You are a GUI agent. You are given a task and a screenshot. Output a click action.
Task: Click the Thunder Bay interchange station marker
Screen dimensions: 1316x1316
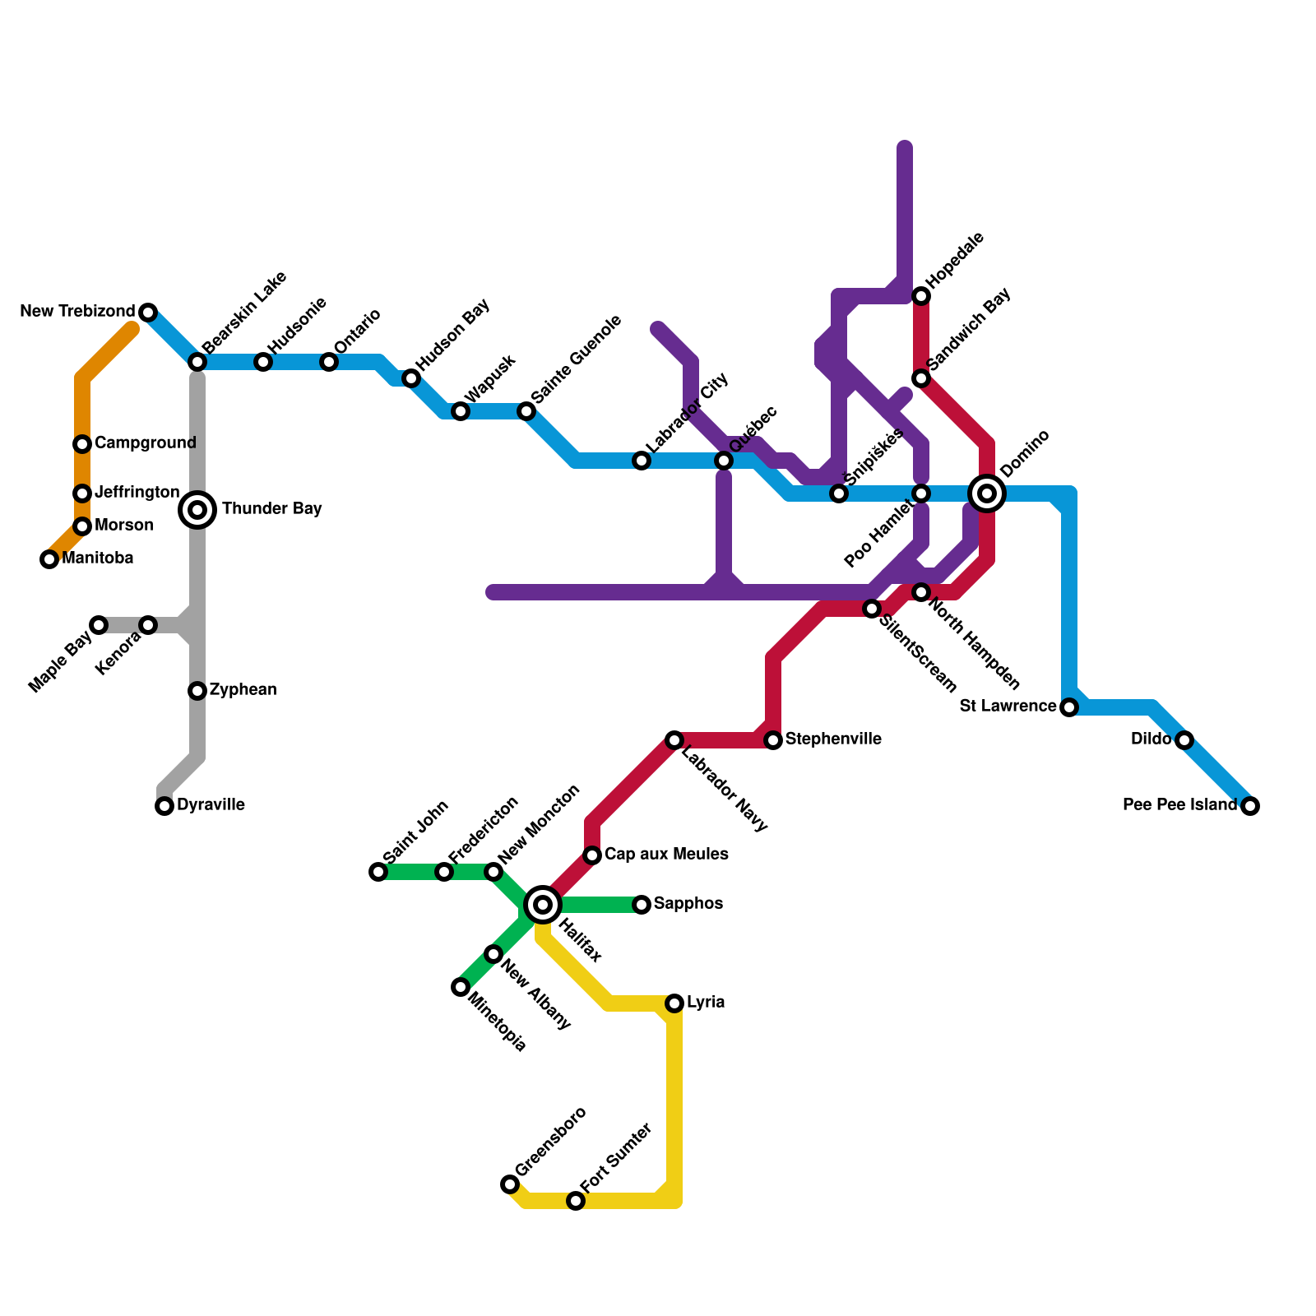pos(197,510)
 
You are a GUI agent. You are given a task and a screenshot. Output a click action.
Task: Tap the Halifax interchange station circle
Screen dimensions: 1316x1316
pos(543,905)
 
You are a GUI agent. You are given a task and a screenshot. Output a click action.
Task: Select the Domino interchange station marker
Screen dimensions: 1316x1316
pos(987,493)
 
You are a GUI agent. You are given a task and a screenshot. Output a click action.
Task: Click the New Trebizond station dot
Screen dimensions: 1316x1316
pos(148,313)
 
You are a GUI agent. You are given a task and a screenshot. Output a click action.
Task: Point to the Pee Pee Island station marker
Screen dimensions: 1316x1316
pos(1250,806)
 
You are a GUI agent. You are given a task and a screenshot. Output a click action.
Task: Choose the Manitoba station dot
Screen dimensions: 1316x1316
pos(49,559)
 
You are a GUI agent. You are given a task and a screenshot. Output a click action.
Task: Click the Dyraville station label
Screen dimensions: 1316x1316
pos(211,805)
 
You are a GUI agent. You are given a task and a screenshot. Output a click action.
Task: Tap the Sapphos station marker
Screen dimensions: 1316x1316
pos(642,905)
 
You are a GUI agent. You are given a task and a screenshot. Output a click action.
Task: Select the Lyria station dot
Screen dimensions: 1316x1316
pos(674,1003)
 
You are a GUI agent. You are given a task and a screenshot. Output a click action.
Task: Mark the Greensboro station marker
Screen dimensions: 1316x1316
pos(510,1184)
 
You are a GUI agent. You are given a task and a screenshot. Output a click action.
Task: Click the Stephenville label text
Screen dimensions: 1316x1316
pos(833,739)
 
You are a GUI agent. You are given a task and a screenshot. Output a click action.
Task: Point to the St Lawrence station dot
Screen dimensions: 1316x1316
pos(1069,707)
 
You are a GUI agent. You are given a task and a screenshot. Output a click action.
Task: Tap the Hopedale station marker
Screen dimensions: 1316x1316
pos(921,296)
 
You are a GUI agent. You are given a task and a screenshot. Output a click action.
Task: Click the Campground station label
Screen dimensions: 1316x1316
pos(145,443)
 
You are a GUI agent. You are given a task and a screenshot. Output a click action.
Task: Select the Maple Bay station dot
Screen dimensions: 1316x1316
pos(99,625)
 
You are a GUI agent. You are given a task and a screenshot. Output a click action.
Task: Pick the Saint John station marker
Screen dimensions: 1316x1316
pos(378,872)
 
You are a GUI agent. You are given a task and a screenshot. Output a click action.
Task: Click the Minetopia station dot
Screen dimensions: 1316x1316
pos(461,987)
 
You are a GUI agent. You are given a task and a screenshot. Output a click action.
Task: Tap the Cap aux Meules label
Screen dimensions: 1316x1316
pos(666,855)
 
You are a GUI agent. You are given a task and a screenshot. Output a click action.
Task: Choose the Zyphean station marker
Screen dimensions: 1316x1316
pos(197,691)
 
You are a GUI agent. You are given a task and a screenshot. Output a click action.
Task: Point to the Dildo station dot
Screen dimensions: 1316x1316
pos(1184,740)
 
